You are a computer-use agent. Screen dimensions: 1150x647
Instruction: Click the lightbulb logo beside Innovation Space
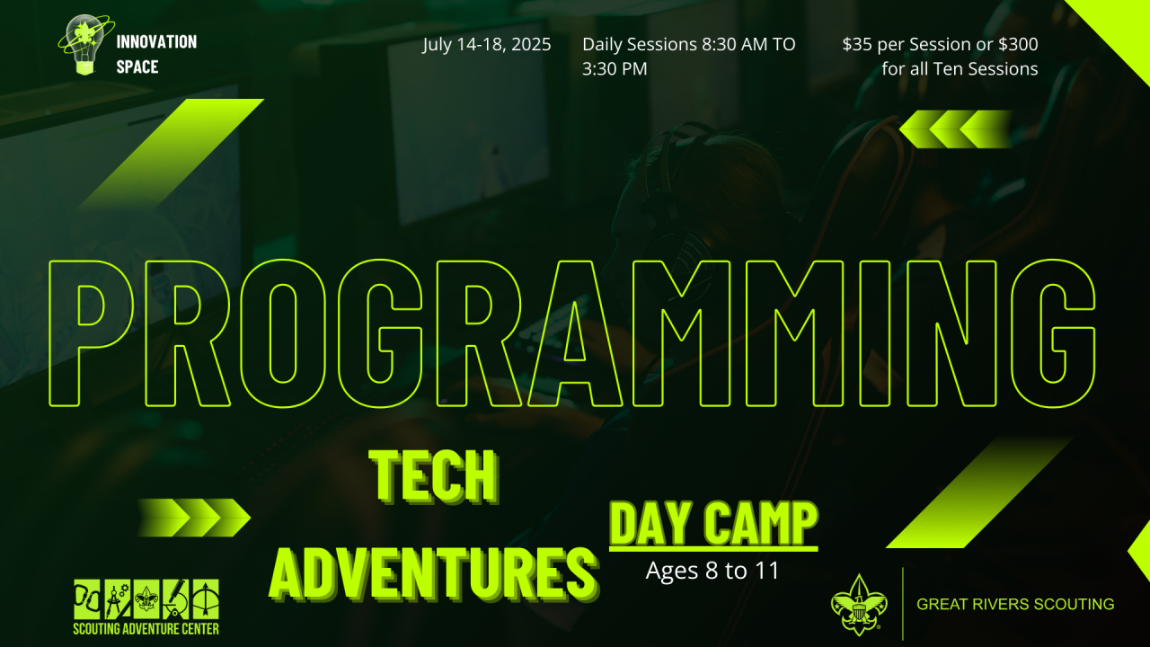(85, 45)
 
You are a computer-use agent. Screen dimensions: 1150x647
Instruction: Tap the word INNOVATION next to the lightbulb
(156, 42)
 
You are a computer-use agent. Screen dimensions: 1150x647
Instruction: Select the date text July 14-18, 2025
(487, 45)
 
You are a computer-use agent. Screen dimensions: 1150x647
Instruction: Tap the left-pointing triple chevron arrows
(955, 129)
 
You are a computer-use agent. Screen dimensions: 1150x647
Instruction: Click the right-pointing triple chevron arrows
(194, 517)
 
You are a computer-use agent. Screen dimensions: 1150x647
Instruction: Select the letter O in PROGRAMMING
(283, 333)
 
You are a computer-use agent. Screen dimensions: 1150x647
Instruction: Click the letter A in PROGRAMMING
(575, 333)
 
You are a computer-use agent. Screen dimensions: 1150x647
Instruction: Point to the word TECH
(434, 476)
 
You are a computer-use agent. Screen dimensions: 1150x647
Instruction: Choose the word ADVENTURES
(434, 573)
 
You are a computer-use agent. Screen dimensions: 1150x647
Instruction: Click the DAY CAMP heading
(713, 524)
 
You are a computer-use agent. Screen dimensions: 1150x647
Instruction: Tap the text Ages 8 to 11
(712, 571)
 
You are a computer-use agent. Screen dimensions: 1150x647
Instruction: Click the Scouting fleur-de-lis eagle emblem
(859, 605)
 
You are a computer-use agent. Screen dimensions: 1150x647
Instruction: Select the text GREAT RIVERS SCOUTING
(1015, 604)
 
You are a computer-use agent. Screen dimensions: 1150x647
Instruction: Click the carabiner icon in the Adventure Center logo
(87, 599)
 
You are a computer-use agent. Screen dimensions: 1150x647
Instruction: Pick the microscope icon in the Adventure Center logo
(175, 599)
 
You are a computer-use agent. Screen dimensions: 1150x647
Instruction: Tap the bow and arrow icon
(206, 599)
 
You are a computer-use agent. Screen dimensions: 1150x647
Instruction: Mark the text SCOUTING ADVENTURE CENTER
(146, 629)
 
